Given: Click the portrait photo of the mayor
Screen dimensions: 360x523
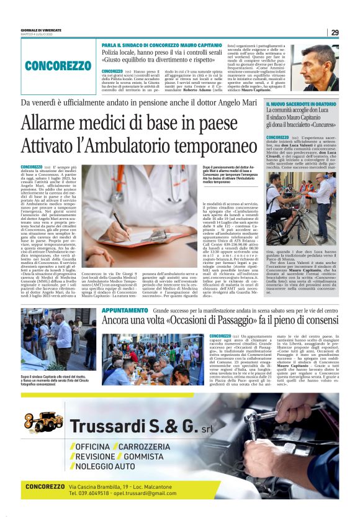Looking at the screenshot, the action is coord(318,68).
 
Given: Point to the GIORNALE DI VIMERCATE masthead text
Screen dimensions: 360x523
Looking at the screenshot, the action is coord(41,29).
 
